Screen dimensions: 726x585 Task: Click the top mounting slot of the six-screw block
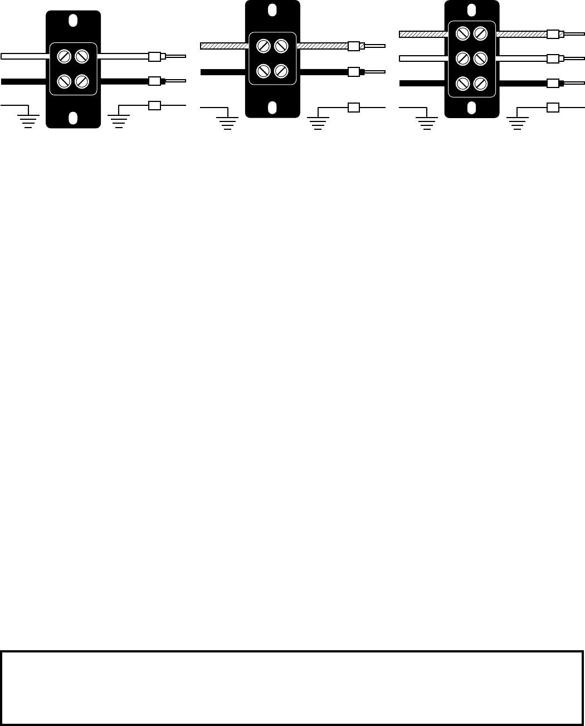click(x=471, y=9)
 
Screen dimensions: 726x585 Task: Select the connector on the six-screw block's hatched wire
click(x=553, y=34)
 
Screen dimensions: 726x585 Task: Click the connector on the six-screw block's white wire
click(x=553, y=59)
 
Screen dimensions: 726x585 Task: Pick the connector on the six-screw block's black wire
click(x=553, y=84)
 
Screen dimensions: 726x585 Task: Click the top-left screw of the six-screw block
click(x=462, y=34)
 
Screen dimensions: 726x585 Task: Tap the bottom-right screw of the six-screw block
click(x=480, y=84)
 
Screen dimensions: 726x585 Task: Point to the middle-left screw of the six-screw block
click(x=462, y=59)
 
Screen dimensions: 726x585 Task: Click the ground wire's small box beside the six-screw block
click(x=553, y=108)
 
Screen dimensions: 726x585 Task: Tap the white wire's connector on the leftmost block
click(x=154, y=56)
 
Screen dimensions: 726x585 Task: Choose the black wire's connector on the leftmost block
click(x=154, y=81)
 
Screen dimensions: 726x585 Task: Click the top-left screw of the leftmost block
click(x=65, y=56)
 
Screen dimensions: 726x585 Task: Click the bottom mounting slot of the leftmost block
click(x=73, y=118)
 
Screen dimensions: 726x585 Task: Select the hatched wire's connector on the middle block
click(x=353, y=46)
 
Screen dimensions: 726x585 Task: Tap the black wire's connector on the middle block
click(x=353, y=71)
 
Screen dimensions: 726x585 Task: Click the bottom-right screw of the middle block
click(x=281, y=71)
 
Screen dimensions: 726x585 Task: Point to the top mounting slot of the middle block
click(x=272, y=10)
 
